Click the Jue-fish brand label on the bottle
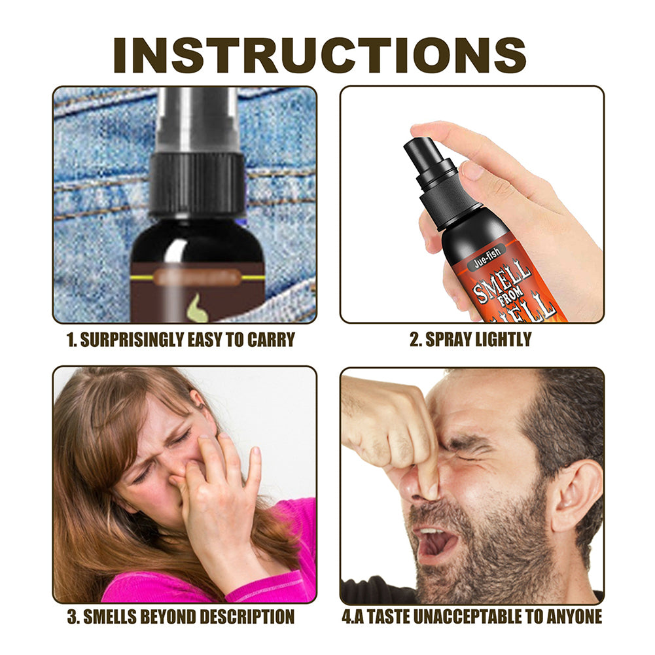coord(487,259)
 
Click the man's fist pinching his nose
coord(396,432)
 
